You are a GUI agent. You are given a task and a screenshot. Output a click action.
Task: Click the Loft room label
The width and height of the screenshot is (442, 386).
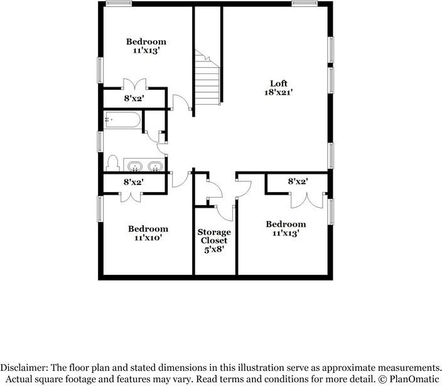pos(278,83)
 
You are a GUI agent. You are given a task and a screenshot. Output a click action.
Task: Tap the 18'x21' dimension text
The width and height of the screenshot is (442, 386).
pos(278,92)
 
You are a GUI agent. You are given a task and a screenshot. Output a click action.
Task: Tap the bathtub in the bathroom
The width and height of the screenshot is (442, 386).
pos(122,119)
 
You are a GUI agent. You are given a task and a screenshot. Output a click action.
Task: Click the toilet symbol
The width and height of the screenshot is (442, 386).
pos(112,164)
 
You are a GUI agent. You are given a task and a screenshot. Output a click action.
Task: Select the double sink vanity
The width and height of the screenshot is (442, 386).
pos(144,166)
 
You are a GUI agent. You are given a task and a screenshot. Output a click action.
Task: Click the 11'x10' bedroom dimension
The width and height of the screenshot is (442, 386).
pos(148,238)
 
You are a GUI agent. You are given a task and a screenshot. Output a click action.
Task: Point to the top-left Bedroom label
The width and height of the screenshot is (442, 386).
pos(146,41)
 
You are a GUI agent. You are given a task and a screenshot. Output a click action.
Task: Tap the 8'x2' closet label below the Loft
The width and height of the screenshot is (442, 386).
pos(298,182)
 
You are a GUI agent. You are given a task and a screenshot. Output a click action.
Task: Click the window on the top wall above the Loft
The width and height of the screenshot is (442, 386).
pos(305,4)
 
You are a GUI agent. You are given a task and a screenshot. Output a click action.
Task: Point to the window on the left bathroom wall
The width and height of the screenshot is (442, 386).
pos(100,141)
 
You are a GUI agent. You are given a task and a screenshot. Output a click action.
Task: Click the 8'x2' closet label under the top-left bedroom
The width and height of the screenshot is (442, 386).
pos(134,99)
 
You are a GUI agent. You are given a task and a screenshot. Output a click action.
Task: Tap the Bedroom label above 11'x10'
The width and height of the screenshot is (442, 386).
pos(148,229)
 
